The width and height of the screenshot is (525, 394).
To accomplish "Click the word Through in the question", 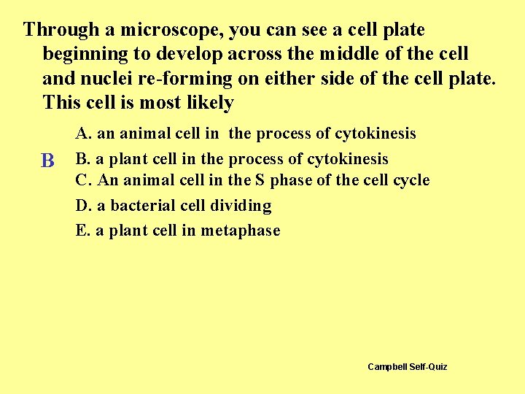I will pos(61,30).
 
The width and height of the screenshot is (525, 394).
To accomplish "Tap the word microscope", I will pos(168,30).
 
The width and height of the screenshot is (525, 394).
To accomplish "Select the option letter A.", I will pos(82,134).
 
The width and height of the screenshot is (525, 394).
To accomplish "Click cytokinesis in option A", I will pos(375,134).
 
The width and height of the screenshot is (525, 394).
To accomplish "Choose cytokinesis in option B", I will pos(348,159).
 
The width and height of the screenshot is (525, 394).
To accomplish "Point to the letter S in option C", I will pos(259,180).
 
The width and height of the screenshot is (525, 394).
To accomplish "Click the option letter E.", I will pos(82,231).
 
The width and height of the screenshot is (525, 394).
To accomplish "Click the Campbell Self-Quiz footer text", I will pos(407,366).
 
